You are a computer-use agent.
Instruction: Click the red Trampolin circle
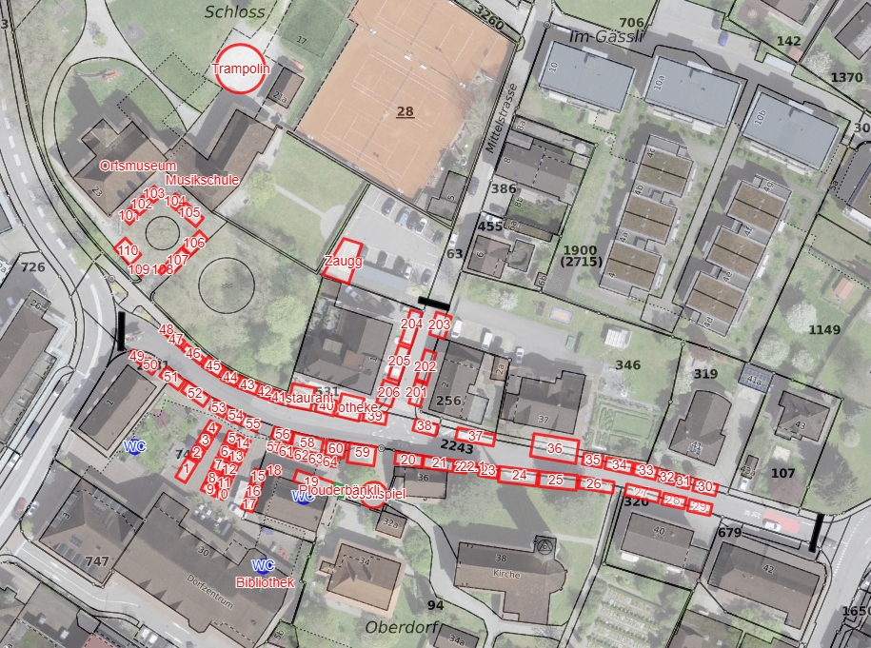pyautogui.click(x=240, y=69)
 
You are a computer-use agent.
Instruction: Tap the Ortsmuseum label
pyautogui.click(x=138, y=167)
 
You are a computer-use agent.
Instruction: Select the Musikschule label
pyautogui.click(x=202, y=179)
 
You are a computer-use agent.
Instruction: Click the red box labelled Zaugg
pyautogui.click(x=341, y=261)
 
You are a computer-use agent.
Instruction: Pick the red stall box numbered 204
pyautogui.click(x=411, y=324)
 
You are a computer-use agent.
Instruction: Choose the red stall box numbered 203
pyautogui.click(x=439, y=324)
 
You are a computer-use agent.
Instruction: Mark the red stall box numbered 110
pyautogui.click(x=129, y=251)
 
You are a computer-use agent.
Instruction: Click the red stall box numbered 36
pyautogui.click(x=555, y=447)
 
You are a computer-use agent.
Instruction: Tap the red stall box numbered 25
pyautogui.click(x=555, y=480)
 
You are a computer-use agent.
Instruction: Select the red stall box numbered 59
pyautogui.click(x=361, y=452)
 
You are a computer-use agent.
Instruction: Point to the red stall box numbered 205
pyautogui.click(x=399, y=361)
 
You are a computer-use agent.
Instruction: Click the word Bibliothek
pyautogui.click(x=265, y=582)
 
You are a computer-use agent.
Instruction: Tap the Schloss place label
pyautogui.click(x=235, y=12)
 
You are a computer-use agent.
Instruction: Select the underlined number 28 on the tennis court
pyautogui.click(x=406, y=111)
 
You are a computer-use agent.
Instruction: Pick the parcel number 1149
pyautogui.click(x=824, y=330)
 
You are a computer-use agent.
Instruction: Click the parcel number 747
pyautogui.click(x=97, y=561)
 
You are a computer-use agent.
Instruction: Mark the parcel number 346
pyautogui.click(x=627, y=365)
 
